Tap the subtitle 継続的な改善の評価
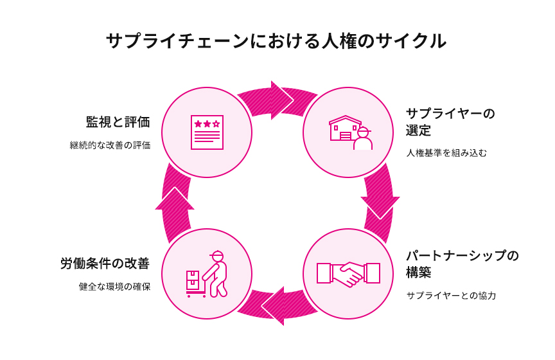pos(110,145)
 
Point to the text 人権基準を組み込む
pos(446,153)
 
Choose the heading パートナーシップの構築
pos(462,264)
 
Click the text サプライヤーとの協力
pos(451,296)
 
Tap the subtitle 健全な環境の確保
pos(114,287)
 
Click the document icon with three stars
pos(207,132)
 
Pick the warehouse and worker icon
pos(349,132)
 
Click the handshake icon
pos(348,274)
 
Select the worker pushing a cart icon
pos(207,274)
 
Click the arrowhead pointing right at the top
pos(280,100)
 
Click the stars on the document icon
pos(207,123)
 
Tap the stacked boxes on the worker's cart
pos(193,281)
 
